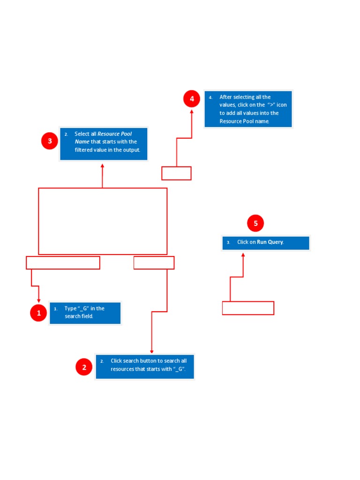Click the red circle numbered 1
click(38, 313)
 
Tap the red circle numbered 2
click(84, 367)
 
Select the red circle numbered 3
click(50, 141)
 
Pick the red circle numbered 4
click(192, 98)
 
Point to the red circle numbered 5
click(255, 223)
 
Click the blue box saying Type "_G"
click(85, 313)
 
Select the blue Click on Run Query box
click(266, 243)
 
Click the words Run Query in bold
click(270, 242)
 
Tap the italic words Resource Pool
click(114, 134)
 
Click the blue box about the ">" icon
click(248, 109)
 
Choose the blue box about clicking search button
click(145, 367)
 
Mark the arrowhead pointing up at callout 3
click(103, 165)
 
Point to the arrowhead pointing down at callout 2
click(151, 352)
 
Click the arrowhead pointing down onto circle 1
click(38, 300)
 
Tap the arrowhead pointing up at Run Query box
click(243, 255)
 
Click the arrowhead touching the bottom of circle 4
click(192, 112)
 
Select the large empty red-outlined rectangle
click(38, 221)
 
